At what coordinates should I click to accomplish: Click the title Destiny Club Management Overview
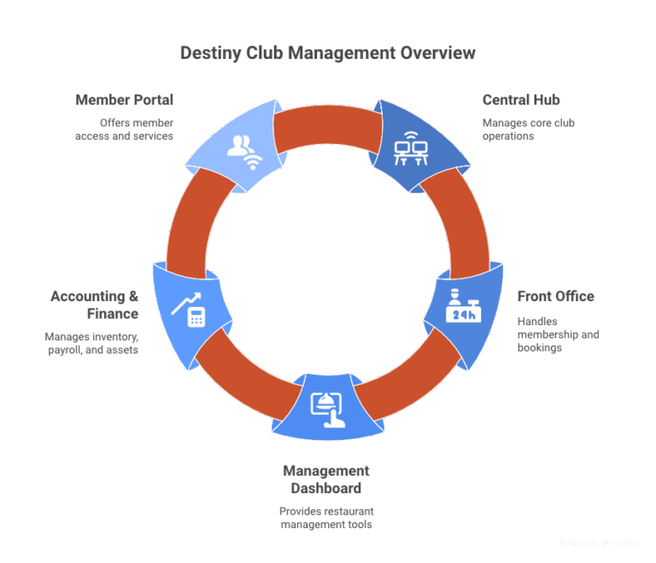pyautogui.click(x=328, y=53)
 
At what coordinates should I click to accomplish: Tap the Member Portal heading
pyautogui.click(x=124, y=100)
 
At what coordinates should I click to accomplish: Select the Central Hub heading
pyautogui.click(x=521, y=100)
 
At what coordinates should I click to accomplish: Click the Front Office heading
pyautogui.click(x=555, y=296)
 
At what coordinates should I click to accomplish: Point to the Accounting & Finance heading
pyautogui.click(x=95, y=305)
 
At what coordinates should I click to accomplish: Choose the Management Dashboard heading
pyautogui.click(x=326, y=479)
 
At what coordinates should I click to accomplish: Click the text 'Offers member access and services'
pyautogui.click(x=124, y=130)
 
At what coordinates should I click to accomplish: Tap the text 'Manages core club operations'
pyautogui.click(x=529, y=130)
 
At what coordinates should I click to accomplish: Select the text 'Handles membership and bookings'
pyautogui.click(x=558, y=334)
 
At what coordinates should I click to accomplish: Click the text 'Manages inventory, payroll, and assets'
pyautogui.click(x=91, y=343)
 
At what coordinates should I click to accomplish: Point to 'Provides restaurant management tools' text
pyautogui.click(x=326, y=518)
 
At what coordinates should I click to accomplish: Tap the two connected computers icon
pyautogui.click(x=411, y=148)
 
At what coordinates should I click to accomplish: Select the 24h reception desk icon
pyautogui.click(x=463, y=305)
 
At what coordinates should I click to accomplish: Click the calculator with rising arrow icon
pyautogui.click(x=188, y=310)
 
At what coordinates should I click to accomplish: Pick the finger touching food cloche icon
pyautogui.click(x=328, y=409)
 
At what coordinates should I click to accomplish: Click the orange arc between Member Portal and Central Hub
pyautogui.click(x=328, y=125)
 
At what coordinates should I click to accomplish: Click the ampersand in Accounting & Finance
pyautogui.click(x=133, y=296)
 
